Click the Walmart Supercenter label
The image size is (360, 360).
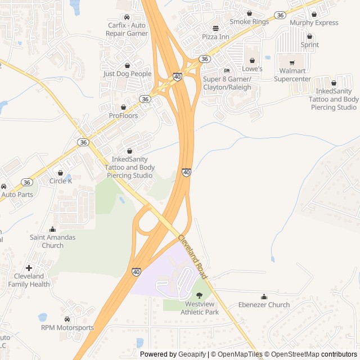tap(292, 75)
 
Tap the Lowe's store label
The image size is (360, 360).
tap(252, 69)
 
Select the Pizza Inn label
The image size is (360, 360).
tap(215, 37)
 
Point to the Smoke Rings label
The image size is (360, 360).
tap(249, 22)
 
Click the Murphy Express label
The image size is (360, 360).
tap(314, 23)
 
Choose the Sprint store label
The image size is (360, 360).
tap(309, 44)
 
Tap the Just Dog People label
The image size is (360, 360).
tap(127, 74)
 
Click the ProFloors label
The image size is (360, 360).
tap(123, 115)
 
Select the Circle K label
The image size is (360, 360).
tap(60, 181)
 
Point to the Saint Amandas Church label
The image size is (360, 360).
tap(52, 241)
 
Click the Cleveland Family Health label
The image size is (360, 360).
tap(29, 280)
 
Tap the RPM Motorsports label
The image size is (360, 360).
tap(67, 327)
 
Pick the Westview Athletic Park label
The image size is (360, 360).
tap(199, 308)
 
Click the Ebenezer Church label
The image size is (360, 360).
tap(264, 305)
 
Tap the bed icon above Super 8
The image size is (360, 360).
tap(227, 70)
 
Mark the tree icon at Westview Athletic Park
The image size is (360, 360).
tap(199, 295)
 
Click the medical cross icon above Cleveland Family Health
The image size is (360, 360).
tap(29, 268)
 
